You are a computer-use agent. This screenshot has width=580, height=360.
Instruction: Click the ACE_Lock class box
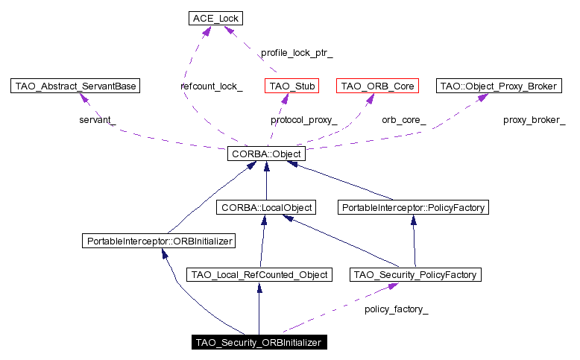pyautogui.click(x=215, y=17)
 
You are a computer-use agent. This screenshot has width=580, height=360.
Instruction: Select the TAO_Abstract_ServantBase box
pyautogui.click(x=76, y=86)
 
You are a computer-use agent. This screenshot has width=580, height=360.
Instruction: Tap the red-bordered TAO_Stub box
pyautogui.click(x=291, y=86)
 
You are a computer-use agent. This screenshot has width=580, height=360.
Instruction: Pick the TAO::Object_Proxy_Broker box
pyautogui.click(x=497, y=86)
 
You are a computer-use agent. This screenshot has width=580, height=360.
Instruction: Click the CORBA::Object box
pyautogui.click(x=266, y=155)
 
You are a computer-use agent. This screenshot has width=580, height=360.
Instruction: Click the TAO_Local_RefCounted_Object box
pyautogui.click(x=259, y=275)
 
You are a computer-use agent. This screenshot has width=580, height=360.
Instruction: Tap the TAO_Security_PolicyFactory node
pyautogui.click(x=414, y=275)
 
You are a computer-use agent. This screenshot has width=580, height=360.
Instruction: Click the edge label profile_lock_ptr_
pyautogui.click(x=296, y=53)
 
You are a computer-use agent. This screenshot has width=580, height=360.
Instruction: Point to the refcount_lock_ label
pyautogui.click(x=211, y=86)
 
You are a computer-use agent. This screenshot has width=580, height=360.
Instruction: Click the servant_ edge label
pyautogui.click(x=98, y=119)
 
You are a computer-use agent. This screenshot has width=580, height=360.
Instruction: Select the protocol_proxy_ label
pyautogui.click(x=303, y=119)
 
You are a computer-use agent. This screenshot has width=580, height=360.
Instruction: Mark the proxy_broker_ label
pyautogui.click(x=534, y=119)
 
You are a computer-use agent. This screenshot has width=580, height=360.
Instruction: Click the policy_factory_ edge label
pyautogui.click(x=396, y=308)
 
